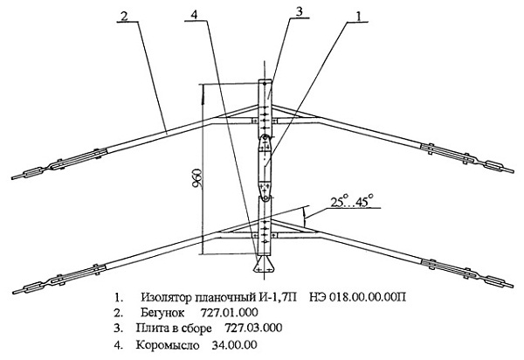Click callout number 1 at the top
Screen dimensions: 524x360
coord(358,16)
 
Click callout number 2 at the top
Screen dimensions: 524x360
coord(124,16)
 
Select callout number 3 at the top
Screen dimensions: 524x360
coord(299,11)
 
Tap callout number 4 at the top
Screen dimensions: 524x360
coord(195,14)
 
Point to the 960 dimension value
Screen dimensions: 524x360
coord(198,178)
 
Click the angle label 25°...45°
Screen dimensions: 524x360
coord(352,202)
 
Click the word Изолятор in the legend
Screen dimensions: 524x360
coord(165,297)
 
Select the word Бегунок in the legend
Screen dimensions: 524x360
coord(162,313)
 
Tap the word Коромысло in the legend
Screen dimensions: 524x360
coord(167,344)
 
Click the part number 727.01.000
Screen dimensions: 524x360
coord(229,313)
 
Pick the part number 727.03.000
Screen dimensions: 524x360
coord(253,328)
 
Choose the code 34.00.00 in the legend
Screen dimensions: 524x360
coord(234,344)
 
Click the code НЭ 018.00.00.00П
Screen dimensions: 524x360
coord(357,297)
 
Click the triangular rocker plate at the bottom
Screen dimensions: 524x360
coord(264,265)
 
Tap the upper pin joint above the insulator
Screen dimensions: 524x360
coord(265,137)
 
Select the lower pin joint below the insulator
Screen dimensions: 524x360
coord(265,198)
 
